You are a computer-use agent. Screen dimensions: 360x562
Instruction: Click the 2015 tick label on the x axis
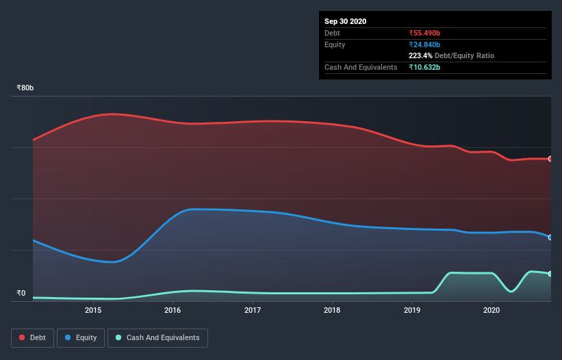point(93,310)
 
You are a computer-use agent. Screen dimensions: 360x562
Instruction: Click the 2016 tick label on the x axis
point(173,310)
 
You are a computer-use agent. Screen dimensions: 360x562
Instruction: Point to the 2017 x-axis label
point(253,310)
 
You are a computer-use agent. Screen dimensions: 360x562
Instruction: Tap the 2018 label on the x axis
point(332,310)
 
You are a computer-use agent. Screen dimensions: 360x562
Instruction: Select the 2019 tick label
point(412,310)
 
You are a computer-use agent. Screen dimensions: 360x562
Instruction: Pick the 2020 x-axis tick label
point(491,310)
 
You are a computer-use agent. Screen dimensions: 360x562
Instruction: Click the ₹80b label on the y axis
point(25,88)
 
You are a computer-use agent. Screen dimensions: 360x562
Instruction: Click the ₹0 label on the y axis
point(21,293)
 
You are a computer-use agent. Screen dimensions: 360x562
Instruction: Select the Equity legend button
point(81,337)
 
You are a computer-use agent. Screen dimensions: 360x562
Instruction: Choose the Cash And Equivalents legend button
point(157,337)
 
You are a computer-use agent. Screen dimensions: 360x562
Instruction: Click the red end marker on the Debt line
point(550,159)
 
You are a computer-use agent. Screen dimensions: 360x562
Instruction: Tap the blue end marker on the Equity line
point(550,237)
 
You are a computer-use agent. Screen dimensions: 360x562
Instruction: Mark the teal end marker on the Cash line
point(550,274)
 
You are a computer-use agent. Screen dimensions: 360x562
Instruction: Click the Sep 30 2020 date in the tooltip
point(345,21)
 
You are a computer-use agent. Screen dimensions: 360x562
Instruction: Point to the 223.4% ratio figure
point(420,55)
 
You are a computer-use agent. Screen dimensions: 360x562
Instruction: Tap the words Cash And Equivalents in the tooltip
point(361,67)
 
